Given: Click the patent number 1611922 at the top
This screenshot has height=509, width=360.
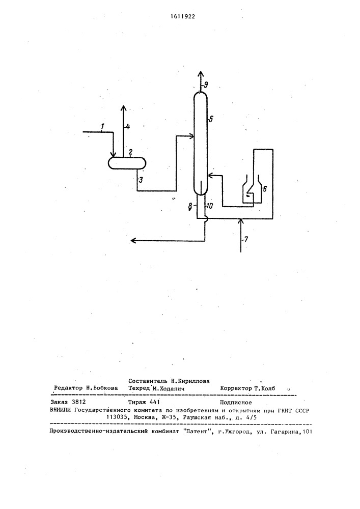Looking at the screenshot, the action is click(x=183, y=17).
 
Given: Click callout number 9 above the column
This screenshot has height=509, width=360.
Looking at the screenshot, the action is click(x=206, y=86).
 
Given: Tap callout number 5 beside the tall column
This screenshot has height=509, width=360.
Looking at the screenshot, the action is click(x=210, y=119).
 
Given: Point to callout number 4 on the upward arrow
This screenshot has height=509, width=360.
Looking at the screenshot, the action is click(x=128, y=127).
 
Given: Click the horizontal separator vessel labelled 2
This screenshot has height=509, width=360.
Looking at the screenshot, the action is click(x=127, y=163).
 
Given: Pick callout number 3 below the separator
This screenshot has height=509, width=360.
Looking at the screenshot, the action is click(x=140, y=180).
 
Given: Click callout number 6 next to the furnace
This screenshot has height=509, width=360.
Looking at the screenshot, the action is click(x=264, y=189).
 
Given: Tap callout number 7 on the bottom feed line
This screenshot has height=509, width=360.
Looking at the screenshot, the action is click(x=246, y=240).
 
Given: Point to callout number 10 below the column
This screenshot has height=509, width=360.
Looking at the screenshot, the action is click(x=209, y=206).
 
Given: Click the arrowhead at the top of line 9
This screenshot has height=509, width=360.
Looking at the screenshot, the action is click(x=201, y=73).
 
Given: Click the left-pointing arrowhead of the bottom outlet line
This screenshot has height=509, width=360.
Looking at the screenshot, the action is click(x=133, y=241).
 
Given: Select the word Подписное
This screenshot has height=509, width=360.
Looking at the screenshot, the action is click(x=236, y=403).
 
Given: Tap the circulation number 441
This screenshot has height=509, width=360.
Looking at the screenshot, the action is click(x=154, y=403).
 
